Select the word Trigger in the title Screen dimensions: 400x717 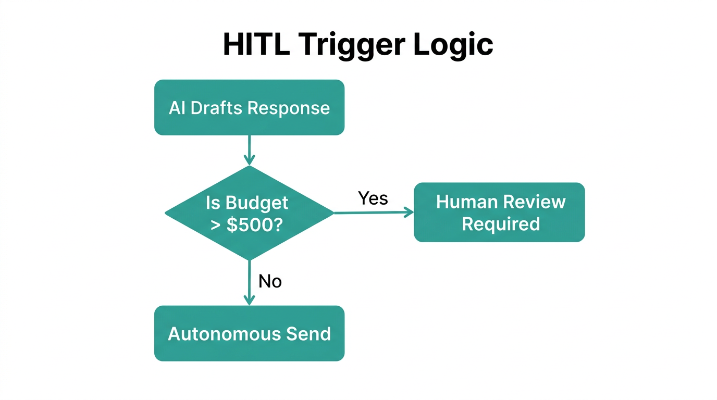pyautogui.click(x=352, y=45)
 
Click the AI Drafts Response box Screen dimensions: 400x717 pyautogui.click(x=249, y=107)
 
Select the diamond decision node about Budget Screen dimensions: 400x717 pyautogui.click(x=249, y=213)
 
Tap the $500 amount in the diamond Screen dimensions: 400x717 pyautogui.click(x=255, y=226)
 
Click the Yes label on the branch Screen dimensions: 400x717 pyautogui.click(x=373, y=198)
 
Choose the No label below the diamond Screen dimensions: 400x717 pyautogui.click(x=270, y=281)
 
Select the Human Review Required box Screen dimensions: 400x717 pyautogui.click(x=499, y=212)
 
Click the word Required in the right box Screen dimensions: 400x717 pyautogui.click(x=500, y=224)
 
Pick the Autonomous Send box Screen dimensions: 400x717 pyautogui.click(x=249, y=333)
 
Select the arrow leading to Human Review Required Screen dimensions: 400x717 pyautogui.click(x=373, y=213)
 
